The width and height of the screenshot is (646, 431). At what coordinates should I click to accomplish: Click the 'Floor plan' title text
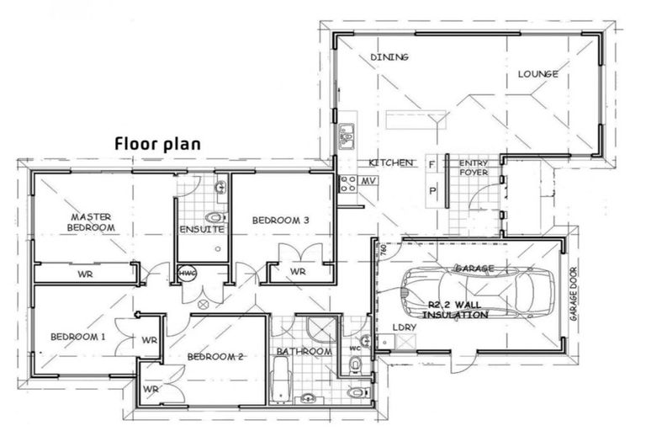157,143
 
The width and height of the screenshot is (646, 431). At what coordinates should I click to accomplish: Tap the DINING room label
389,57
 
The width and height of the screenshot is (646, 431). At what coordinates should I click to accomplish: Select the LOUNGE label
537,74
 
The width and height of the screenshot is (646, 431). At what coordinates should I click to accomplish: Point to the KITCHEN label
391,162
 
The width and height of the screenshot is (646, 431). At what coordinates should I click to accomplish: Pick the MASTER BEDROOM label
92,222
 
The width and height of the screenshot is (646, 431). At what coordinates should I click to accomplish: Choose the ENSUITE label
201,229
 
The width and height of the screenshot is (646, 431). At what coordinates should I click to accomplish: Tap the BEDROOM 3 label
281,221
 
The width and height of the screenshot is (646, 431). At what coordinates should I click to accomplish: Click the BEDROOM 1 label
77,337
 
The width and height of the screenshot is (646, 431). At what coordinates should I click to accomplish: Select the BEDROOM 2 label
214,356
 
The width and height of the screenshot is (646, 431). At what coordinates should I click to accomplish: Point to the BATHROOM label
304,351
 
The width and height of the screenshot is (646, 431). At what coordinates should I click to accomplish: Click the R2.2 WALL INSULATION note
455,310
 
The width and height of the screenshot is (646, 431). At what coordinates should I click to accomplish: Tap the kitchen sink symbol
346,136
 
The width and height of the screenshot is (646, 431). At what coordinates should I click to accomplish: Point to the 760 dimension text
383,252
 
